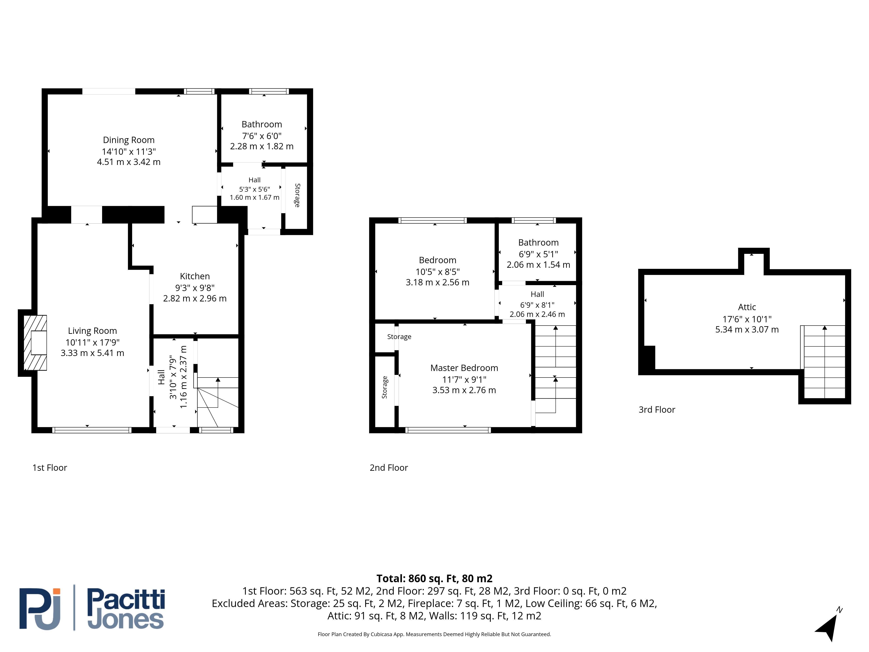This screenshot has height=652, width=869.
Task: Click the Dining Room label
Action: click(129, 140)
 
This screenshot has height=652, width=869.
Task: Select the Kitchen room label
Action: click(195, 276)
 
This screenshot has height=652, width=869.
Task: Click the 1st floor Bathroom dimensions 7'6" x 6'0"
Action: click(262, 136)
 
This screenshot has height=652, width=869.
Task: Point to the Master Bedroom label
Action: click(464, 368)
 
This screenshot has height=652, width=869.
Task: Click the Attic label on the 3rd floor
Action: click(747, 307)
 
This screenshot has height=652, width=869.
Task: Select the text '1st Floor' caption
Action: click(50, 468)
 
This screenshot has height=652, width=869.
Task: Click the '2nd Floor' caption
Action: click(389, 468)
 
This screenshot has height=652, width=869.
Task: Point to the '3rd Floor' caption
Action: click(657, 409)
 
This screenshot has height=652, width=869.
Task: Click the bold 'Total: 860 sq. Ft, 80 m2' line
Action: click(434, 579)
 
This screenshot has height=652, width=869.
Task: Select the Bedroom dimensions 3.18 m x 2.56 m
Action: click(438, 282)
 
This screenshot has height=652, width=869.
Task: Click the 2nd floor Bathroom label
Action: click(538, 243)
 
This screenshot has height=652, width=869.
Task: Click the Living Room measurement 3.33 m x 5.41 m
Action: click(92, 353)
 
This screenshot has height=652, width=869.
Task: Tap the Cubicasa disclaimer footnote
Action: click(434, 634)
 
